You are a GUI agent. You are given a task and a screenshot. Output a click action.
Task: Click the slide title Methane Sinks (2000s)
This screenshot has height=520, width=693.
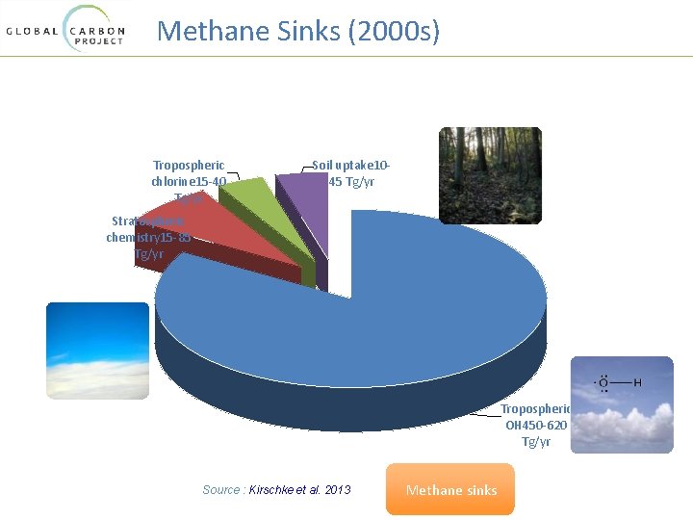click(298, 31)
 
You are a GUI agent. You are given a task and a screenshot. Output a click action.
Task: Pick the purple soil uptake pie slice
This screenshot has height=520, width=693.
click(303, 197)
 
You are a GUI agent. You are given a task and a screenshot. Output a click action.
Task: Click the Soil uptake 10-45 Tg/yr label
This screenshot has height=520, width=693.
click(351, 173)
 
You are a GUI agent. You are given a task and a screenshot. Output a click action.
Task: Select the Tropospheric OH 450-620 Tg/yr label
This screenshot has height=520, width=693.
click(535, 425)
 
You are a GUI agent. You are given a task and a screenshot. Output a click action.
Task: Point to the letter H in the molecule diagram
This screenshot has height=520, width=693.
click(637, 383)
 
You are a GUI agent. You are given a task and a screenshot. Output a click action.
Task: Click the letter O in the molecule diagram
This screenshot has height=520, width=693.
click(603, 383)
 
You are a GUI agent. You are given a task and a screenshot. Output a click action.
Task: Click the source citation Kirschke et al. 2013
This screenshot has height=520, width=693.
click(277, 490)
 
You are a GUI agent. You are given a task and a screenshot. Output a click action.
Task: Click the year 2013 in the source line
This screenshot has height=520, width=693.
click(338, 490)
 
